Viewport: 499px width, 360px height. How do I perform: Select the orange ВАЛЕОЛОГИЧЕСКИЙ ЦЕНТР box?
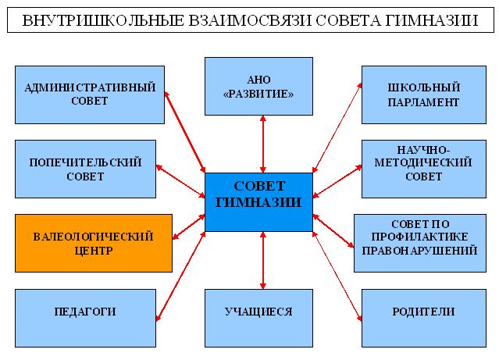click(x=93, y=243)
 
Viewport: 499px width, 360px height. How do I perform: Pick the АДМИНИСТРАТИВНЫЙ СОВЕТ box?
click(x=90, y=94)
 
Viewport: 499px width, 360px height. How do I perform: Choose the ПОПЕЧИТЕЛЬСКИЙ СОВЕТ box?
click(x=85, y=169)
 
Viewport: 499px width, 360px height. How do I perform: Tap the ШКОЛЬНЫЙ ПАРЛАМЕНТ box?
click(x=422, y=94)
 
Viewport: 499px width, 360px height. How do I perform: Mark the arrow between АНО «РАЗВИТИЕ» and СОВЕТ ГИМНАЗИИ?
click(x=262, y=144)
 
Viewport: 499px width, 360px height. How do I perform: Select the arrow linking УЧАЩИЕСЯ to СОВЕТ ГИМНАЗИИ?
click(x=262, y=260)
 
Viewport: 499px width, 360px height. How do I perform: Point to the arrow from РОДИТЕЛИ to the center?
click(x=338, y=275)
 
